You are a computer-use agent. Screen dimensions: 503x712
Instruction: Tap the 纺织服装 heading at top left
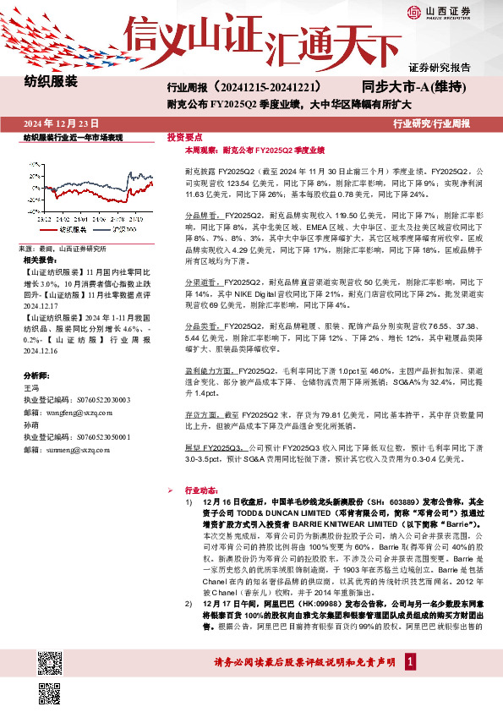(x=50, y=82)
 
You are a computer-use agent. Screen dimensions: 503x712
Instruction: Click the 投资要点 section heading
(x=183, y=136)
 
